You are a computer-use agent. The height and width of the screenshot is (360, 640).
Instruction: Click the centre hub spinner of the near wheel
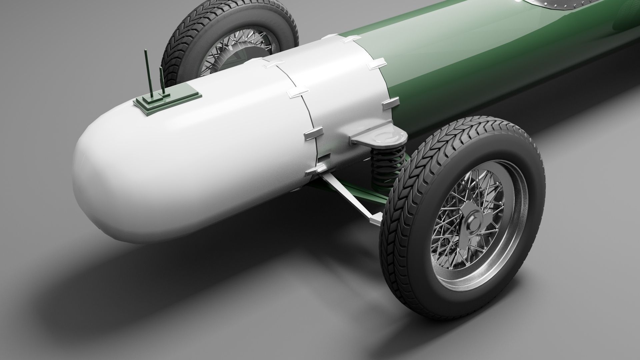coord(471,223)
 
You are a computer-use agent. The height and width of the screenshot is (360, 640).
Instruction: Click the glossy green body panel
coord(483,60)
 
